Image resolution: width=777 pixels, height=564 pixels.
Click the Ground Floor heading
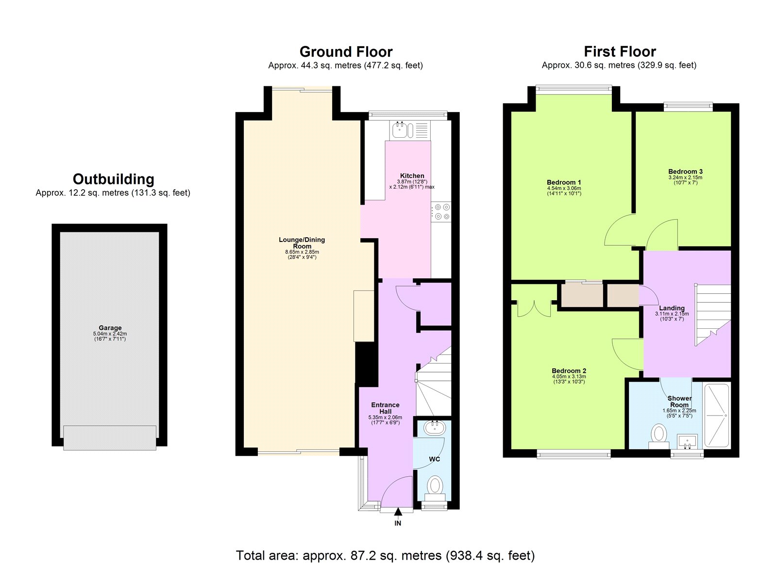(x=346, y=52)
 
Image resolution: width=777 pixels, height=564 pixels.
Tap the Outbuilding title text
(x=113, y=179)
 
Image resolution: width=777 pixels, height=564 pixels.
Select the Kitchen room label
(x=412, y=176)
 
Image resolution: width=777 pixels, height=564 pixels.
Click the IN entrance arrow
(x=398, y=512)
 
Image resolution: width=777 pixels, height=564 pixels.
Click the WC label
(x=434, y=459)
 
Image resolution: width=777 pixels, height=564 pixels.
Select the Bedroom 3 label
(x=685, y=171)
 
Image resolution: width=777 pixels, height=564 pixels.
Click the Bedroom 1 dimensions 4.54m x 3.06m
(x=564, y=188)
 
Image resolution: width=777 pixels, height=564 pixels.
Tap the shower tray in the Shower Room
(x=716, y=416)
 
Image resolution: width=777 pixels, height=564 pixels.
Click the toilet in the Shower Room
(x=659, y=433)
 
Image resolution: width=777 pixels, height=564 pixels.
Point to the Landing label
(x=672, y=308)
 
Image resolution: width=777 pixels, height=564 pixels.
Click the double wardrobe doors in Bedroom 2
(x=534, y=308)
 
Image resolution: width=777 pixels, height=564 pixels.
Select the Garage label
(x=110, y=328)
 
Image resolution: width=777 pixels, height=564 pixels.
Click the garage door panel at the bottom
(x=110, y=437)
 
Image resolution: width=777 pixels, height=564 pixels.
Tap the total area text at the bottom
(x=385, y=555)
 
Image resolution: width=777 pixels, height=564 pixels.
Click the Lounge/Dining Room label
(x=302, y=242)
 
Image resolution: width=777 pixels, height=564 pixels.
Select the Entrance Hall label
(x=385, y=408)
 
